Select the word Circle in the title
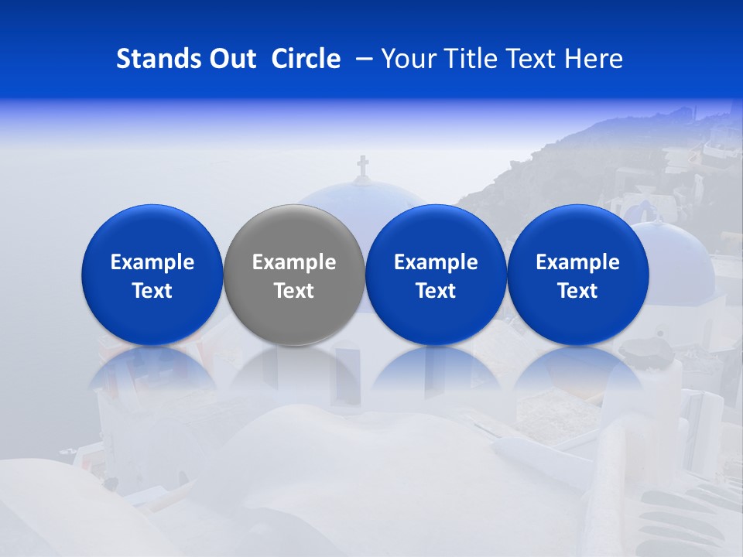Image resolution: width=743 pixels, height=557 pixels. click(306, 59)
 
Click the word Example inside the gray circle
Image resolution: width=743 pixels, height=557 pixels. click(294, 262)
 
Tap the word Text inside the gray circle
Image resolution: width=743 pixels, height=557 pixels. click(294, 291)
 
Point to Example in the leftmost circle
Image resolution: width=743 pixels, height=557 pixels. click(152, 262)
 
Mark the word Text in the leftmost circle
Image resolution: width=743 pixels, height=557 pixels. click(152, 291)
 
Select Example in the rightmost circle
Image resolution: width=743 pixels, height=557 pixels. click(577, 262)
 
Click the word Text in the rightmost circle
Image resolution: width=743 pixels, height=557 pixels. click(577, 291)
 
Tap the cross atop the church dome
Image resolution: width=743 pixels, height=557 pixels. click(362, 166)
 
